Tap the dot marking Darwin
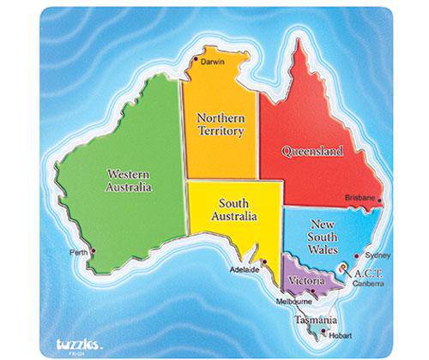(196, 57)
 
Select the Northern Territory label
(221, 124)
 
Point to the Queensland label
(312, 152)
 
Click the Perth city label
(81, 252)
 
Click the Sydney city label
(378, 255)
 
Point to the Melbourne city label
(295, 303)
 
